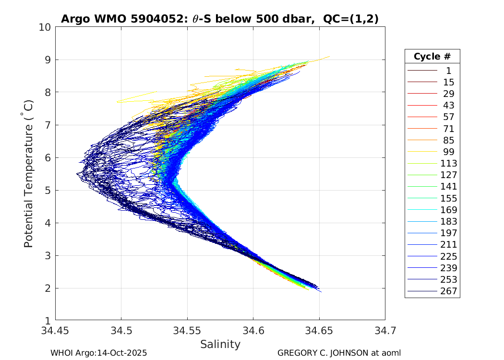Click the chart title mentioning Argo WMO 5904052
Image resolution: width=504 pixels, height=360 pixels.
click(x=219, y=19)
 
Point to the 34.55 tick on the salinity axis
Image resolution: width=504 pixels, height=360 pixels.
click(x=187, y=331)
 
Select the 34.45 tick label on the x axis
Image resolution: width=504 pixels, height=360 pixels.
click(x=55, y=331)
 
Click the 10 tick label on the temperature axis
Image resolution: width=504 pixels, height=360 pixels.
click(x=45, y=27)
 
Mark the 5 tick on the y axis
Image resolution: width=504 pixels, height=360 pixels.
click(x=48, y=191)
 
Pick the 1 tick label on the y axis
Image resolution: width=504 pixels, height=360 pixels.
click(x=48, y=321)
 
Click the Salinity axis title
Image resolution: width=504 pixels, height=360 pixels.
click(x=220, y=344)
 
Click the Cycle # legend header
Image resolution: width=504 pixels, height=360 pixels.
click(x=432, y=57)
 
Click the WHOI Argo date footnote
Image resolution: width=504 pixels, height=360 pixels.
click(x=98, y=353)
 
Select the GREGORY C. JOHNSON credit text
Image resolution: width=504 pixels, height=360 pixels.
click(x=339, y=353)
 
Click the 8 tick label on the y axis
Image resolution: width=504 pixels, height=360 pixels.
click(x=48, y=93)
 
